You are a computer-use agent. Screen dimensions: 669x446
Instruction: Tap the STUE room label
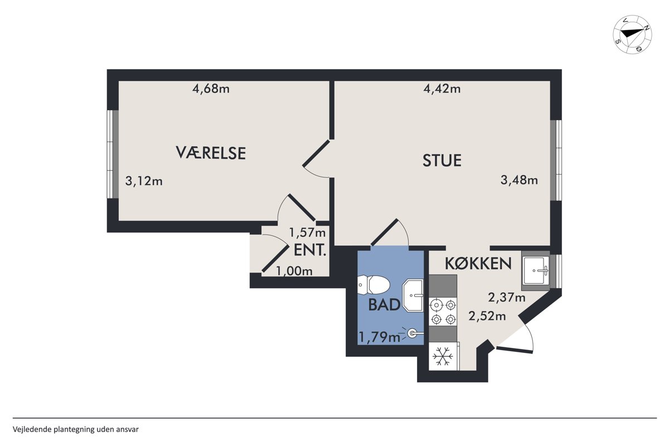pos(442,160)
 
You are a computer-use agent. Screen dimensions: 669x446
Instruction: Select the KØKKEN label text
pos(478,263)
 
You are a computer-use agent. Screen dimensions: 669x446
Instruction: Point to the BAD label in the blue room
pos(384,305)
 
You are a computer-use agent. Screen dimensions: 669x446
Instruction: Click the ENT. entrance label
pos(310,250)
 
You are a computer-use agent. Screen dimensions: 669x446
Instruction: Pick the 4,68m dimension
pos(211,89)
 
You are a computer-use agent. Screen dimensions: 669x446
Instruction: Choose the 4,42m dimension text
pos(442,89)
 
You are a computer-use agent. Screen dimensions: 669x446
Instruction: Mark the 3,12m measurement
pos(144,181)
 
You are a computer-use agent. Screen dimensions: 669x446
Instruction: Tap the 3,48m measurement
pos(520,180)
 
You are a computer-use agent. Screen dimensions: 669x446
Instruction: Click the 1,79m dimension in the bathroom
pos(379,337)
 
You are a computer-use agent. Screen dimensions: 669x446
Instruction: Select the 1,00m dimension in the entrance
pos(294,271)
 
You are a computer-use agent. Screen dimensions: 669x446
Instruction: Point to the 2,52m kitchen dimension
pos(487,316)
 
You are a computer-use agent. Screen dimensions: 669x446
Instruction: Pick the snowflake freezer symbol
pos(443,356)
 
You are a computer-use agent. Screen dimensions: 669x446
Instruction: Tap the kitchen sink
pos(536,270)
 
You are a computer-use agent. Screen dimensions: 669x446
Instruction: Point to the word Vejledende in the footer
pos(32,430)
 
